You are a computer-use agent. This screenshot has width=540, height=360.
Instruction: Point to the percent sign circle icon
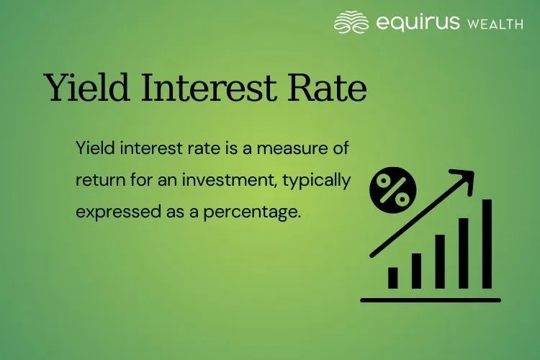pos(392,189)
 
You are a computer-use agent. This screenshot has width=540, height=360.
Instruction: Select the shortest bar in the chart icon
pos(393,278)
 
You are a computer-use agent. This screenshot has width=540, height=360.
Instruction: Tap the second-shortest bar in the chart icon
pos(416,270)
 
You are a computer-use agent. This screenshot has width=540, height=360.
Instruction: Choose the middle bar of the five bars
pos(440,261)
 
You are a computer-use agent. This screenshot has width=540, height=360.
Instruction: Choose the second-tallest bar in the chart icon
pos(464,253)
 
